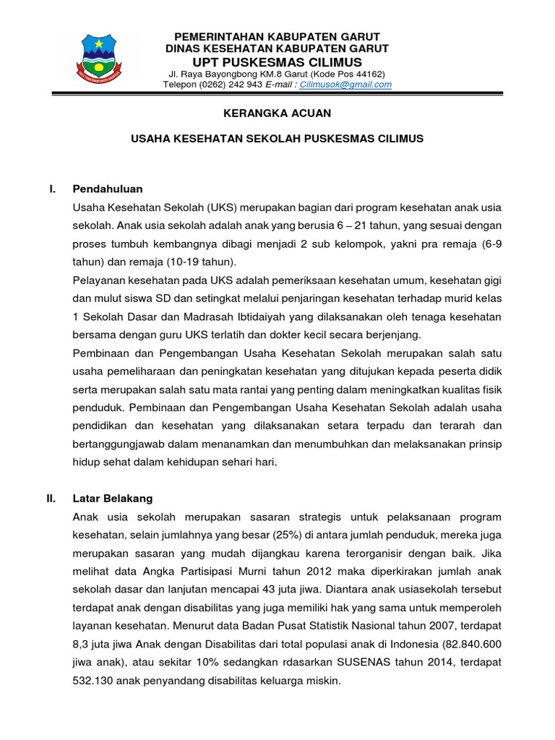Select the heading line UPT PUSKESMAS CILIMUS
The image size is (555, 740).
point(277,61)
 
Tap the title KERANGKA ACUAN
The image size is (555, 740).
point(277,113)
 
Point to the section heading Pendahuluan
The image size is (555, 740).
point(108,189)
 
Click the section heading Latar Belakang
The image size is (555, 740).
point(113,499)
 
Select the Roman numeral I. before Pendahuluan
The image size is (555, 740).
point(52,189)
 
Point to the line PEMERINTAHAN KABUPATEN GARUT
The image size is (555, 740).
point(277,36)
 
